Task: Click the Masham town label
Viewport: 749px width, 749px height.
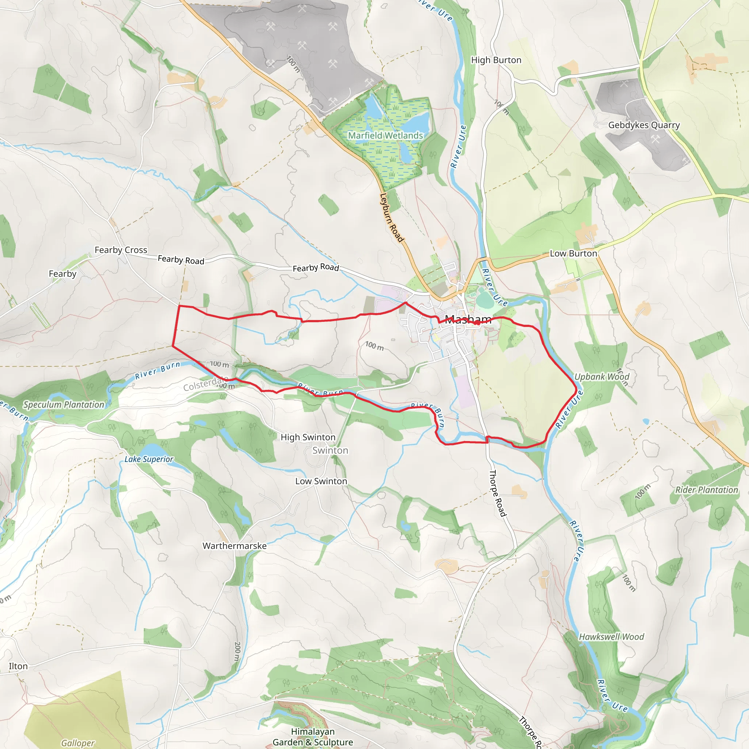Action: [468, 319]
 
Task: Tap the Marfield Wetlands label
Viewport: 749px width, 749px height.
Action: [385, 136]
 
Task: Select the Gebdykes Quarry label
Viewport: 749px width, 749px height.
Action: [644, 125]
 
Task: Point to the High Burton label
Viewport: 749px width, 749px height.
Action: [496, 60]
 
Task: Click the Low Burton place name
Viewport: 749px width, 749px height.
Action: [573, 253]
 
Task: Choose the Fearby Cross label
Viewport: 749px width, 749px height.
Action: [121, 250]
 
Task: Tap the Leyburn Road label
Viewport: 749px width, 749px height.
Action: [392, 218]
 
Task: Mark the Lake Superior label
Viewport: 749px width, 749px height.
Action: [149, 459]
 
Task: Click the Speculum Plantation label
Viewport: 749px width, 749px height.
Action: [64, 405]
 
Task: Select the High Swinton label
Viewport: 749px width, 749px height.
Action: [308, 437]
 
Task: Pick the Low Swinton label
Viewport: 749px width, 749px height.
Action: [321, 481]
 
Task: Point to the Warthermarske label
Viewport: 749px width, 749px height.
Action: [234, 546]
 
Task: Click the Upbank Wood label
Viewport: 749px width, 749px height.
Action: [602, 377]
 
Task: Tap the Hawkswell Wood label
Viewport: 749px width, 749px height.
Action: [611, 637]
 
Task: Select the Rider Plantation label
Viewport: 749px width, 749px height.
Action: [706, 490]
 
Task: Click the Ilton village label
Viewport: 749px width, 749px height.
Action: [18, 666]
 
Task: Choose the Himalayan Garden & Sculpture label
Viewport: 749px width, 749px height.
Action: [312, 737]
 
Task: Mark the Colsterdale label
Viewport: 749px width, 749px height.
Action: [204, 385]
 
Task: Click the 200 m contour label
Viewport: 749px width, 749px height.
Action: [237, 651]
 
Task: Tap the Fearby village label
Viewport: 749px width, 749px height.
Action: [63, 274]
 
